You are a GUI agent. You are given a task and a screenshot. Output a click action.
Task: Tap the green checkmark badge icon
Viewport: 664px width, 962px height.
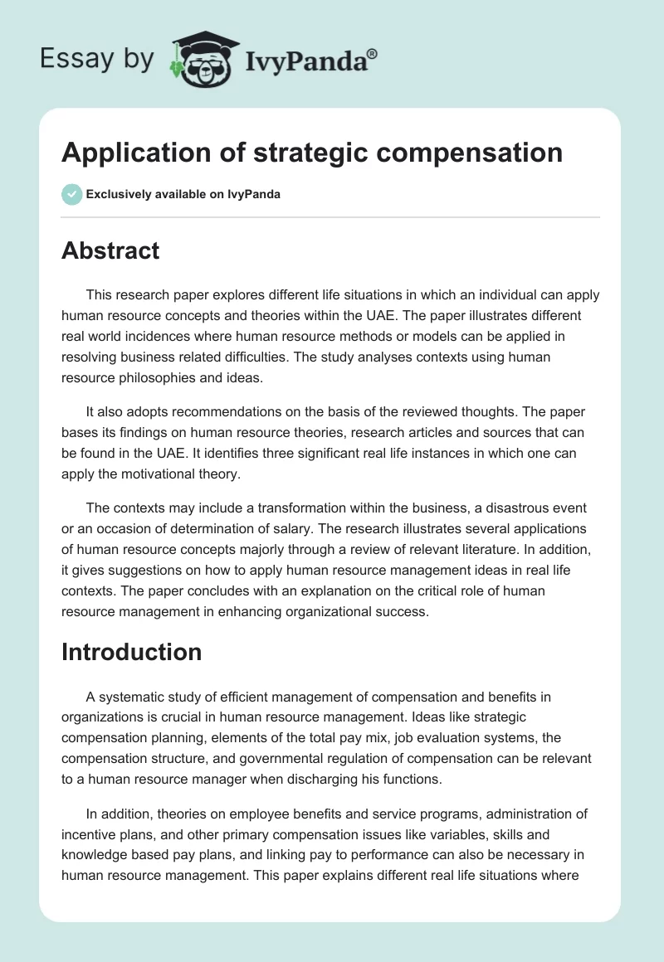71,194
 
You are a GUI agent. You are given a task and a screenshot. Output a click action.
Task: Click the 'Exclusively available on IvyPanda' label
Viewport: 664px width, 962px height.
183,195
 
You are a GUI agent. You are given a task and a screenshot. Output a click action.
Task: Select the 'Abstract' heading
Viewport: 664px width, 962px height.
110,250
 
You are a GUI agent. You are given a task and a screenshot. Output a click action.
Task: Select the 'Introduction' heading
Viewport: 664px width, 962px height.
131,652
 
